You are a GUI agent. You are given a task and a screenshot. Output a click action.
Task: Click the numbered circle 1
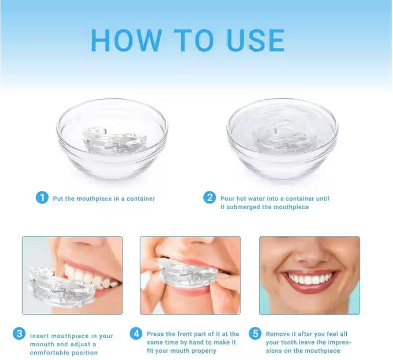(42, 198)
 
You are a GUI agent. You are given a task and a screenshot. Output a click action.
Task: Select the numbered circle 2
(209, 198)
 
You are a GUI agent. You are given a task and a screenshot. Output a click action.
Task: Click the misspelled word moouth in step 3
(42, 344)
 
